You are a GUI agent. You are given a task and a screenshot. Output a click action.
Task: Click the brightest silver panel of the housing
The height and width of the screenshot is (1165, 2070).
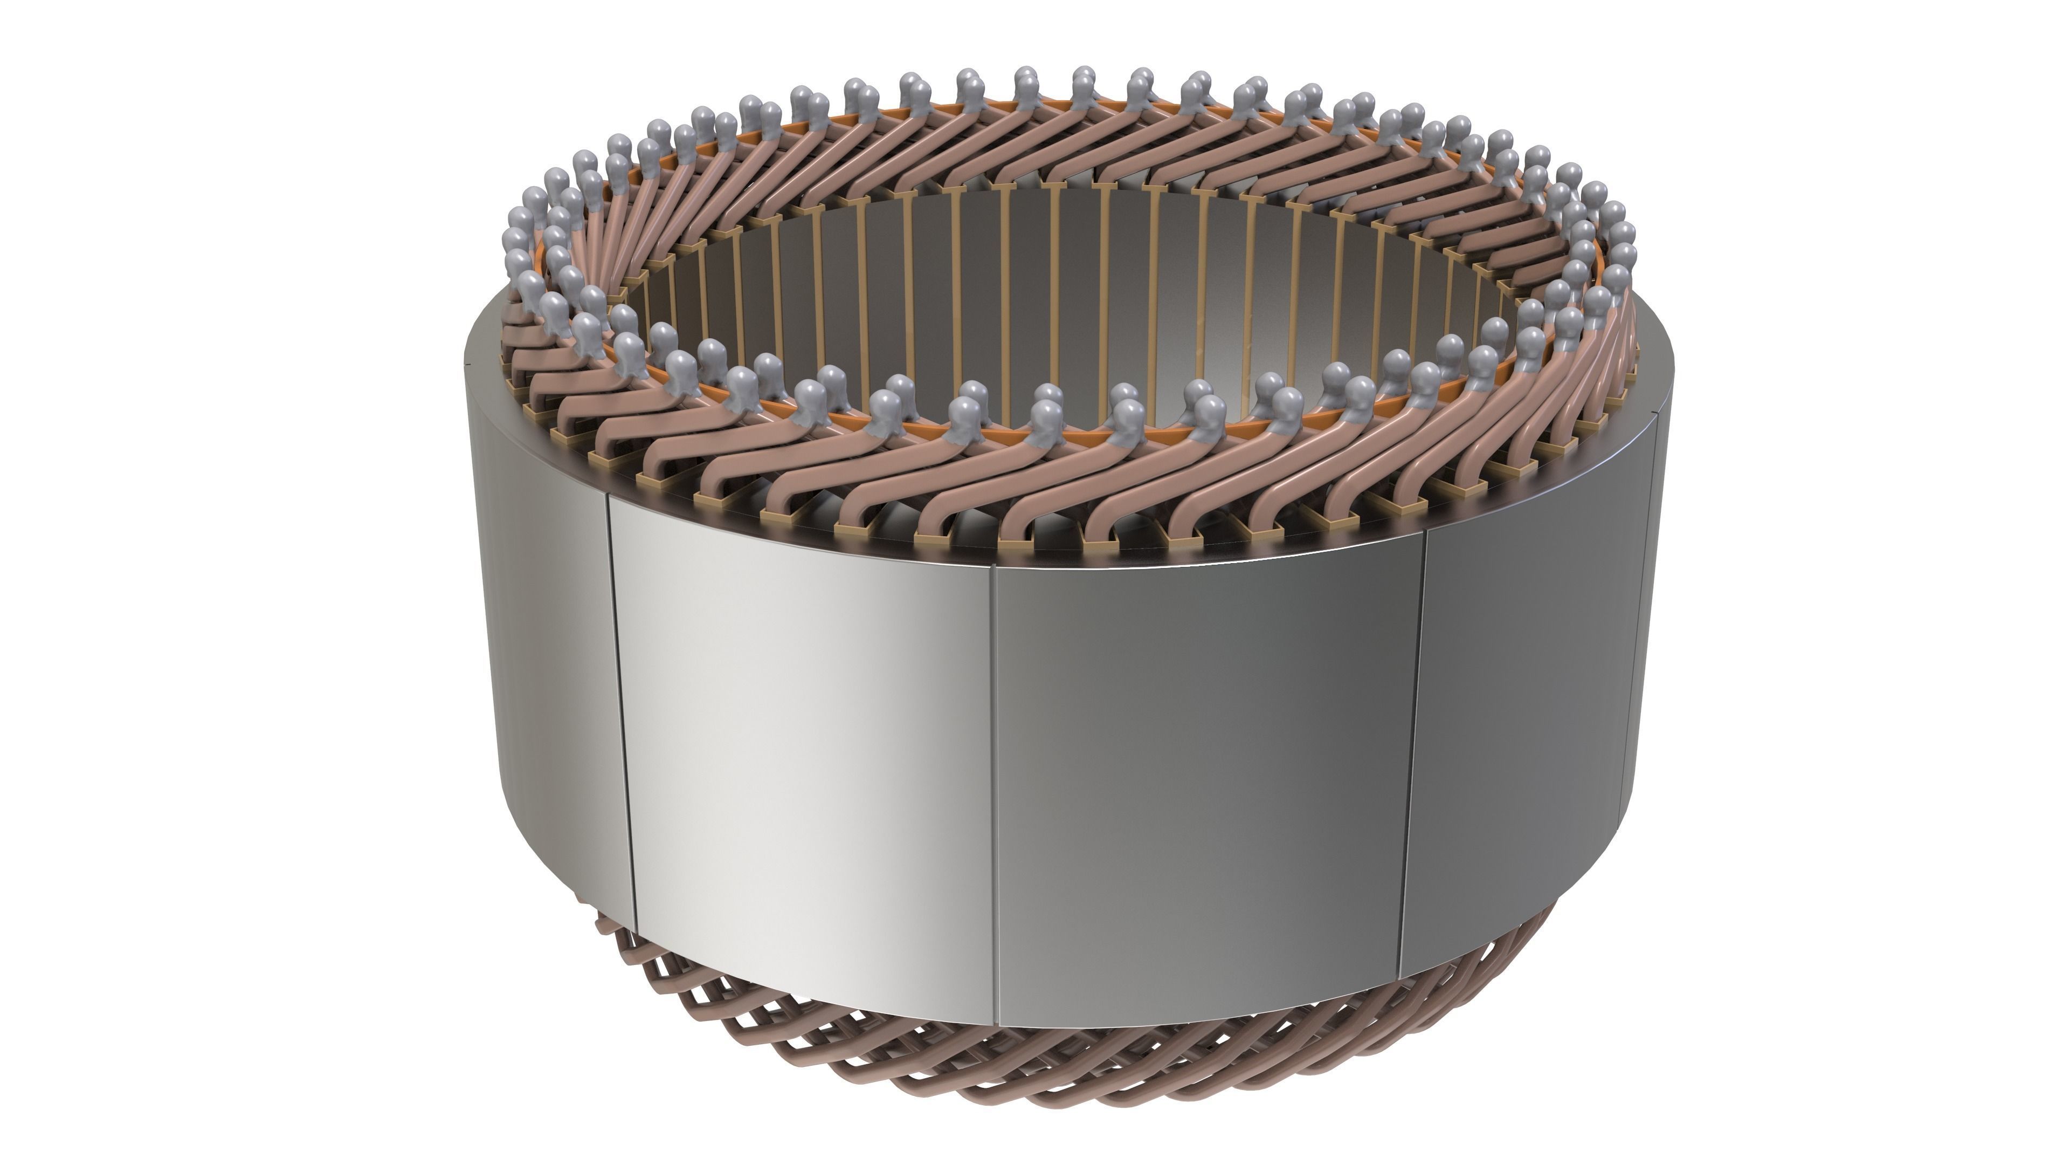click(804, 748)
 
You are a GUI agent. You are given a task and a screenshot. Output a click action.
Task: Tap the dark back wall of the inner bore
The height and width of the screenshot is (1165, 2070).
click(1045, 282)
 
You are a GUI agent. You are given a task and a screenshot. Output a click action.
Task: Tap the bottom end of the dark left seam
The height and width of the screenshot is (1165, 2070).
click(635, 933)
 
